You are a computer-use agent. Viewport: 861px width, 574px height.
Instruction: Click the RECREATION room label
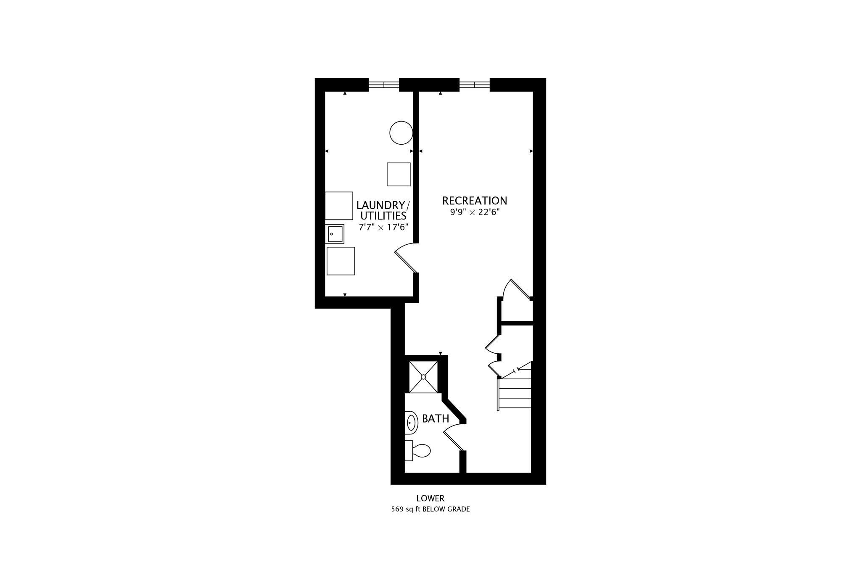[475, 201]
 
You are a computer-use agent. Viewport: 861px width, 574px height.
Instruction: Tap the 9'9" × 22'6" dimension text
[475, 212]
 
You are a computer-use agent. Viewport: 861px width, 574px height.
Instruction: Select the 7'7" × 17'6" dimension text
[383, 227]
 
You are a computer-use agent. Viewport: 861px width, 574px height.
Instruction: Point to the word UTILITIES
[383, 216]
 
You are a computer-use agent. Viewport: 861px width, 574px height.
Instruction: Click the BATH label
[436, 419]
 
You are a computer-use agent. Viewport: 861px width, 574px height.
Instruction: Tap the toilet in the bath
[417, 451]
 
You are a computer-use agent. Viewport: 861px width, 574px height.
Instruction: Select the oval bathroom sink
[411, 423]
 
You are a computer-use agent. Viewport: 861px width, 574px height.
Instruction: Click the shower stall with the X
[423, 377]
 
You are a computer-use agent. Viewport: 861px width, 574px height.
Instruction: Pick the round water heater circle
[401, 132]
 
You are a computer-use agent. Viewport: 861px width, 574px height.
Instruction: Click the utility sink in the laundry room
[335, 234]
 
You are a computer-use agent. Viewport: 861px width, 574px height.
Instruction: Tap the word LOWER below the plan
[430, 498]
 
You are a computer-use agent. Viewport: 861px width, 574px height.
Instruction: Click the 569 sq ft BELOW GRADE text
[430, 509]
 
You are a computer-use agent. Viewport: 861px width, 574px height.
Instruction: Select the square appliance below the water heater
[399, 174]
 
